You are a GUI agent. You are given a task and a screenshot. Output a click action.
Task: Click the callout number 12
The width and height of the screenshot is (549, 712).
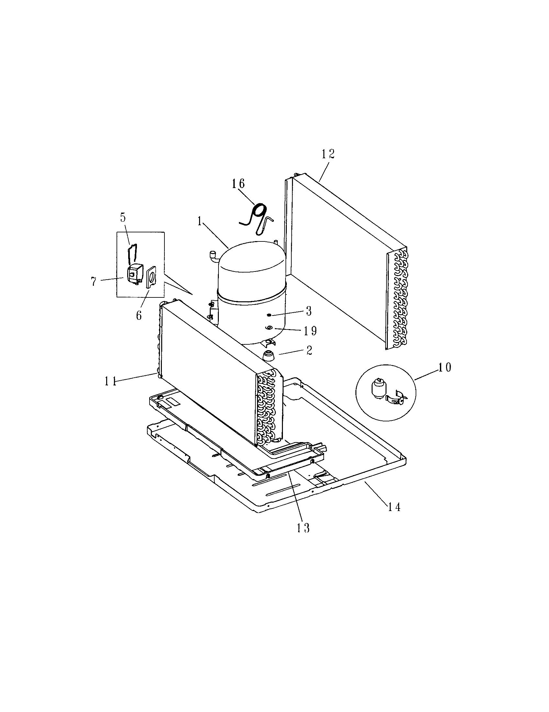(328, 154)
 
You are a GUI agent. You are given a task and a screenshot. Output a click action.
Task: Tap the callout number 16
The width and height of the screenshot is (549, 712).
(238, 184)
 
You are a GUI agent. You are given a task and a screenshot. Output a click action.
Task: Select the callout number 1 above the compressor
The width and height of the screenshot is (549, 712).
(199, 222)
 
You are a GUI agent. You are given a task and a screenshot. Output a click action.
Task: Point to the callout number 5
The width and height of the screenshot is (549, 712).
(123, 217)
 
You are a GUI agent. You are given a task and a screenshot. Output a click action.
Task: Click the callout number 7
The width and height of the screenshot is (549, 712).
(94, 281)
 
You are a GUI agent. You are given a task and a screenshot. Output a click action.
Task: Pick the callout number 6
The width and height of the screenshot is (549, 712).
(139, 315)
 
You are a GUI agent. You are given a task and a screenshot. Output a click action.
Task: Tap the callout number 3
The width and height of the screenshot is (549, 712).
(309, 311)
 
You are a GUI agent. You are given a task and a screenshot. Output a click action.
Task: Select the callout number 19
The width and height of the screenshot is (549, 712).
(310, 331)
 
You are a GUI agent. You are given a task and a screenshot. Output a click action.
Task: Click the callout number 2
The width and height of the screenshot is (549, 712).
(309, 351)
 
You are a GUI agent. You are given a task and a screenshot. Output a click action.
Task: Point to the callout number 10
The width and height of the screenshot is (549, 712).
(445, 367)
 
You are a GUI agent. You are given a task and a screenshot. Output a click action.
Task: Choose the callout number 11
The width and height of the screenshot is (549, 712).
(111, 381)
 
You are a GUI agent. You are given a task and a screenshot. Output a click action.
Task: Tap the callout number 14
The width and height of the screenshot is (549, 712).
(394, 507)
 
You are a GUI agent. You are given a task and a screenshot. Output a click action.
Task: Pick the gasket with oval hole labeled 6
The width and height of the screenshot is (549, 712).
(151, 277)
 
